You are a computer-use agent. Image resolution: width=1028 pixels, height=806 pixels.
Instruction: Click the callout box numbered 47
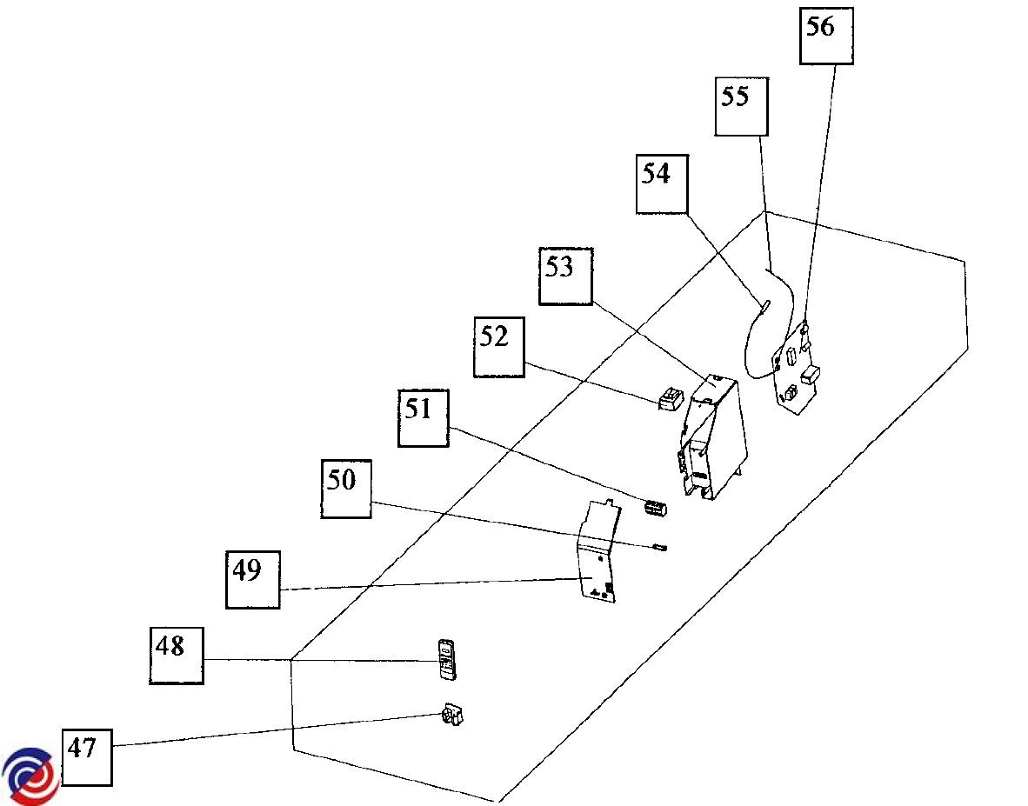88,756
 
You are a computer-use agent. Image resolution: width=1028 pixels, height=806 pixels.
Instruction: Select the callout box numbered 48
177,655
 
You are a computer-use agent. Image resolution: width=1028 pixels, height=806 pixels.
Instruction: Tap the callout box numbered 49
253,579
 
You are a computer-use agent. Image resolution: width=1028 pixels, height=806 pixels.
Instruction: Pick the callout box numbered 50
346,489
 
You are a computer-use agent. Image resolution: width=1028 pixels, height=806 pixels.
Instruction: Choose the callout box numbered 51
424,418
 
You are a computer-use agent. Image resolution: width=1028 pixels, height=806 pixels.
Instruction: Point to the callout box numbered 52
499,347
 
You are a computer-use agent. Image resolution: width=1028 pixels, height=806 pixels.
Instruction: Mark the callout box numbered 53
565,276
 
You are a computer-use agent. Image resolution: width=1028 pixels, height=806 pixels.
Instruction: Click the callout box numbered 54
662,184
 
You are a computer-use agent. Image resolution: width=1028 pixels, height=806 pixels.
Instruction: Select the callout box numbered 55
741,106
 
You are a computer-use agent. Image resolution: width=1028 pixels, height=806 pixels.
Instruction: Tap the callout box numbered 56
826,36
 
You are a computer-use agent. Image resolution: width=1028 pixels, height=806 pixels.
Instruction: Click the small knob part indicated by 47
451,716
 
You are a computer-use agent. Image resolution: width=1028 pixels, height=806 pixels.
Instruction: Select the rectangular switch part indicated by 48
446,658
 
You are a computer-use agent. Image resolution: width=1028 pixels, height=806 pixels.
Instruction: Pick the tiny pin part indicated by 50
659,548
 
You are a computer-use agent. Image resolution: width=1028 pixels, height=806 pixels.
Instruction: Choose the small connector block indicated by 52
669,399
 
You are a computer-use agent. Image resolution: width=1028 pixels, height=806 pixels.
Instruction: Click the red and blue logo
29,776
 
